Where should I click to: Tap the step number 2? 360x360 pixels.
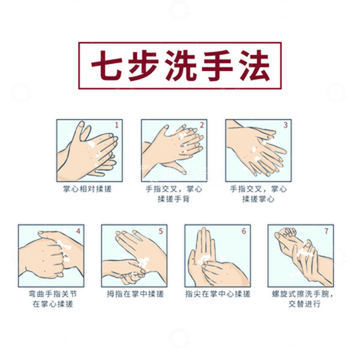coord(202,125)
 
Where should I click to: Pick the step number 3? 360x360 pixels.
coord(286,125)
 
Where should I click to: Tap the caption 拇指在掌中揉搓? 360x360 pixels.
coord(133,294)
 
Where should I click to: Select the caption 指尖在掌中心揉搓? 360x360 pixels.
coord(217,294)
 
